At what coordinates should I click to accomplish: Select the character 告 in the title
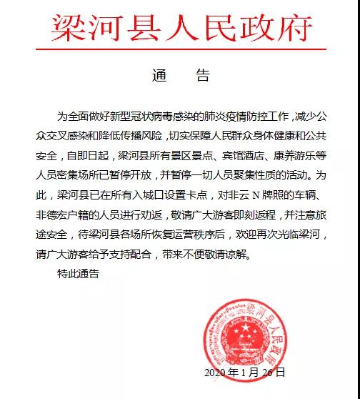coord(203,74)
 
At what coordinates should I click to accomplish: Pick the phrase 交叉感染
coord(74,135)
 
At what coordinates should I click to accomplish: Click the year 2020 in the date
coord(216,373)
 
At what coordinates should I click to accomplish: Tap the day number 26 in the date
coord(267,373)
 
